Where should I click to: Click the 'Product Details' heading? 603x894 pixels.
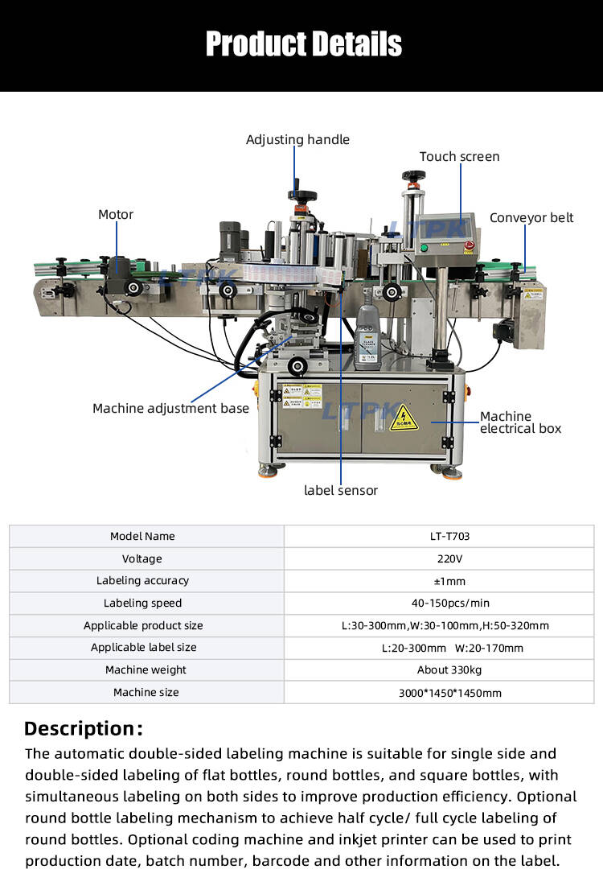click(303, 43)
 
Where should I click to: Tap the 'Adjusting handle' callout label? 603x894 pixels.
click(297, 140)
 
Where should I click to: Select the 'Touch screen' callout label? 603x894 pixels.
click(459, 157)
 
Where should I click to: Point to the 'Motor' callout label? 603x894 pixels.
click(116, 215)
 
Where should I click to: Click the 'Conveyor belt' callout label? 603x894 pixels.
click(531, 218)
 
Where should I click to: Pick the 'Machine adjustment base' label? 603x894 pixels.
click(170, 409)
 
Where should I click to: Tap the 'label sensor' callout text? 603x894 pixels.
click(340, 490)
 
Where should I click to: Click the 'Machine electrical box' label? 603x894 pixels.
click(520, 422)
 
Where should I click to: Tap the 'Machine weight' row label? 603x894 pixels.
click(146, 670)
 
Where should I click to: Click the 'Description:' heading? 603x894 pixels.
click(84, 729)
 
